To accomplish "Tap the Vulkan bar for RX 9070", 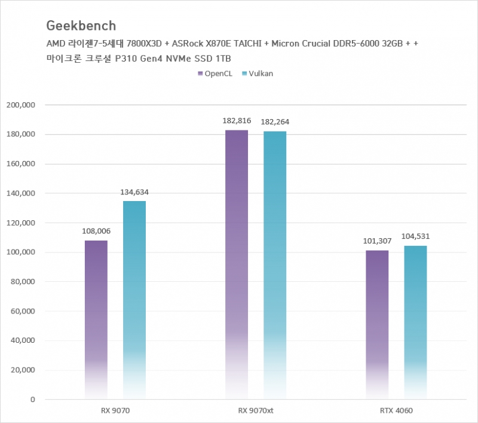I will [x=134, y=299].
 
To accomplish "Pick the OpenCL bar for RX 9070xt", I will [x=237, y=263].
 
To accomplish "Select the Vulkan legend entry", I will [x=259, y=74].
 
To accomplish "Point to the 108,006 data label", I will [x=96, y=231].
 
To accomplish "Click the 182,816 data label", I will [x=237, y=121].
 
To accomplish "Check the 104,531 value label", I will [x=415, y=236].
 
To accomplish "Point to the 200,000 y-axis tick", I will [x=21, y=105].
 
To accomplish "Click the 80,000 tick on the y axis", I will [x=23, y=282].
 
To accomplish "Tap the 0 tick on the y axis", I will [x=33, y=400].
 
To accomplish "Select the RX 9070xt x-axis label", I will [x=255, y=411].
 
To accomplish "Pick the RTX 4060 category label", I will [x=396, y=411].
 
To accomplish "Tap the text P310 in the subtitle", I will [x=137, y=58].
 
